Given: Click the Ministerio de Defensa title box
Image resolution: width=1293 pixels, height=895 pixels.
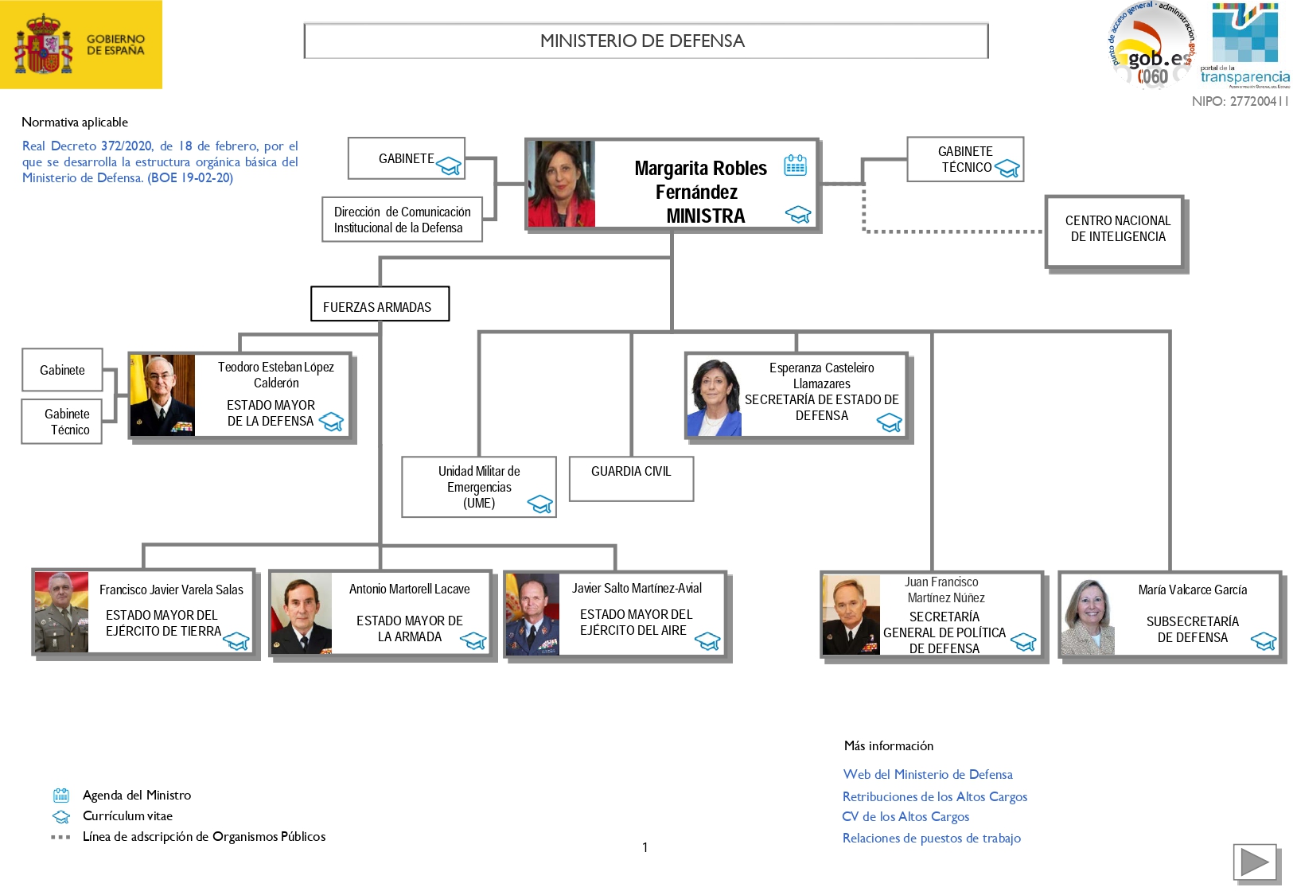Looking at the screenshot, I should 645,41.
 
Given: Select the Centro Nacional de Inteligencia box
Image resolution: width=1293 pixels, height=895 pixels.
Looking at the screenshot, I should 1116,230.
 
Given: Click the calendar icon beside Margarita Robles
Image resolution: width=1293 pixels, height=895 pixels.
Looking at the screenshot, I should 795,165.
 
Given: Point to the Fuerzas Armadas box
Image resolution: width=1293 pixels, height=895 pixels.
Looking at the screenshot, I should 380,305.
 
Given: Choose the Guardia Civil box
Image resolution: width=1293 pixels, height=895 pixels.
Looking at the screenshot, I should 631,477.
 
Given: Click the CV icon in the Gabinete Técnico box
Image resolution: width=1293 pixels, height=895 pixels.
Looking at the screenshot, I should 1007,169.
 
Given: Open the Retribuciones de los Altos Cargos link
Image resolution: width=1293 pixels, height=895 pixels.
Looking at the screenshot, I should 934,796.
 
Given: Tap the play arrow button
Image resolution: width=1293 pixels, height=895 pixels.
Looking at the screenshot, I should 1255,862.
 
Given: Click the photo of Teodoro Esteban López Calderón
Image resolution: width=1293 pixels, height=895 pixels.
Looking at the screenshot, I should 162,395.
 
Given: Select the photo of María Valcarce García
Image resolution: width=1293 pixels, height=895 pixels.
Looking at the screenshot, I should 1087,617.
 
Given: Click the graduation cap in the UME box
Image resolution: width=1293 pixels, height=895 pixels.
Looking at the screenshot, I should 540,504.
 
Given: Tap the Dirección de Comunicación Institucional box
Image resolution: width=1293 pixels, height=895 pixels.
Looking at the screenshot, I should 402,220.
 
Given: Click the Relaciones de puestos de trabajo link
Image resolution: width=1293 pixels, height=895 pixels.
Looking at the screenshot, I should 931,838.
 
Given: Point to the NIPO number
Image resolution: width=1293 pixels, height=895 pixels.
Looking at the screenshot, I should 1240,101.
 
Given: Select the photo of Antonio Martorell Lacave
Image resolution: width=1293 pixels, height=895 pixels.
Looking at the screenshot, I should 301,613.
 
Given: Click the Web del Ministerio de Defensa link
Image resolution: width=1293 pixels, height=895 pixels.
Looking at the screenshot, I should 927,774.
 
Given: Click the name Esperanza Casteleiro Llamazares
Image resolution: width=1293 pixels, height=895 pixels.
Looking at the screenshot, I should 821,376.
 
